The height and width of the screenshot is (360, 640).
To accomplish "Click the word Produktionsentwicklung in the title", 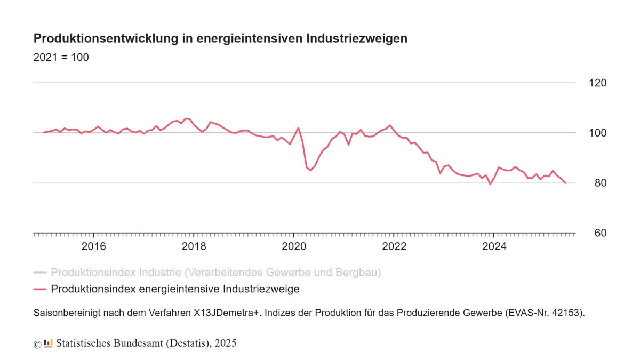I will pyautogui.click(x=104, y=39).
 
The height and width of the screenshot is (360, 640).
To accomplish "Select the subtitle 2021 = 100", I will pyautogui.click(x=61, y=58).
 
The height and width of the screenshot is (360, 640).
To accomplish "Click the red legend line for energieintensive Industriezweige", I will pyautogui.click(x=40, y=289).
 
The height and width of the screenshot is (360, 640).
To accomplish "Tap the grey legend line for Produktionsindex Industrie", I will pyautogui.click(x=40, y=273).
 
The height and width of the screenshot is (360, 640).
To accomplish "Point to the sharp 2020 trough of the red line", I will pyautogui.click(x=311, y=171).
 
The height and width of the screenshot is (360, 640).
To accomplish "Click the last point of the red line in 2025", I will pyautogui.click(x=565, y=183).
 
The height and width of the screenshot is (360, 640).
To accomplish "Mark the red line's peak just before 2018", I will pyautogui.click(x=186, y=118).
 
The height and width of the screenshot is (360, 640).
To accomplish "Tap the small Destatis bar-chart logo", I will pyautogui.click(x=48, y=343).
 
